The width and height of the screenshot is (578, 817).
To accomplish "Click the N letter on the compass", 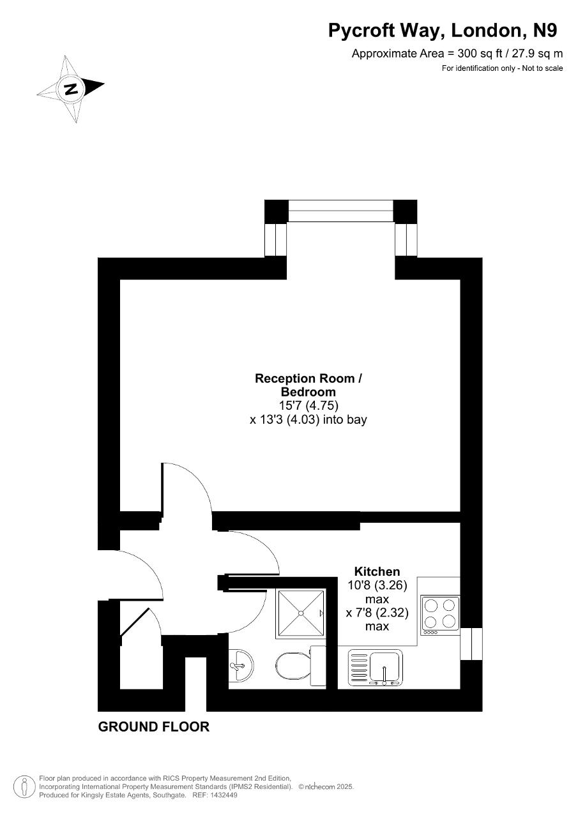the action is coord(70,89).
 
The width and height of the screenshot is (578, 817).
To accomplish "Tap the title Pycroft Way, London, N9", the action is coord(443,31).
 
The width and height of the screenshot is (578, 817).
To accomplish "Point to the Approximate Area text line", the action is coord(457,54).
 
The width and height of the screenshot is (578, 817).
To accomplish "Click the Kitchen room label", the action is coord(377,571).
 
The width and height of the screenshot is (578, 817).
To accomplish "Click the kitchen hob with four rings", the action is coord(440,615).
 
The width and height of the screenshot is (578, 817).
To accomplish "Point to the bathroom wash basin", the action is coord(241,665).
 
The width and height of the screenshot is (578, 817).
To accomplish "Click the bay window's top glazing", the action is coord(341,211).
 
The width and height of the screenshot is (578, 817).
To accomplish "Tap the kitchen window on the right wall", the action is coord(471,644).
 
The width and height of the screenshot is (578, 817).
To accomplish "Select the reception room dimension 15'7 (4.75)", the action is coord(308,405).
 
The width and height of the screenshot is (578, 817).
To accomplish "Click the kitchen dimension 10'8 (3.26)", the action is coord(377,585).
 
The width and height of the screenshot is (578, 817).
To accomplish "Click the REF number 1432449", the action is coord(223,795).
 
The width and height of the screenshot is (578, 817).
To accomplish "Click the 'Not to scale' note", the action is coord(542,68).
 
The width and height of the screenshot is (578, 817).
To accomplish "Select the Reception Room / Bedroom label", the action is coord(308,385).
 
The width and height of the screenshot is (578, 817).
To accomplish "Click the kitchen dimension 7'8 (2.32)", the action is coord(377,612).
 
